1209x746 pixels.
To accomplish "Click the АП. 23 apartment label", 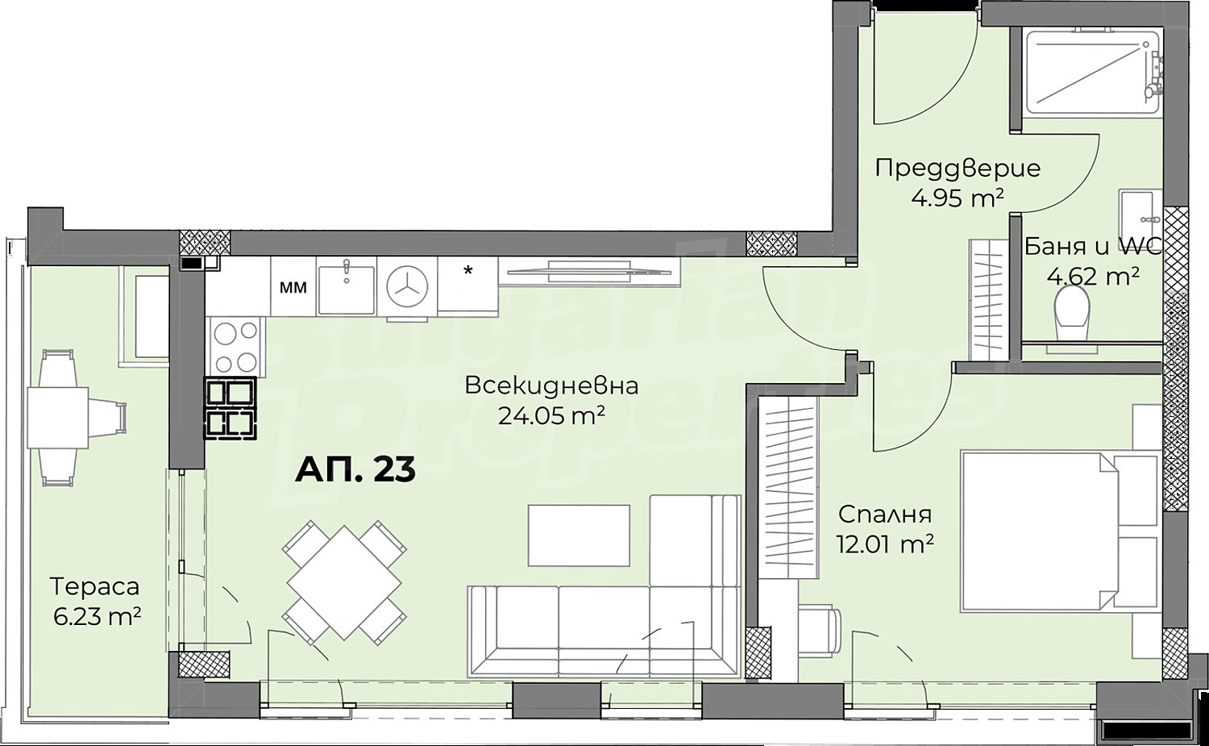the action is [x=355, y=469].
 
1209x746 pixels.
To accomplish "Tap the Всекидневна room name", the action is [x=551, y=386].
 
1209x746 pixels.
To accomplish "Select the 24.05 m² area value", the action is [x=551, y=415].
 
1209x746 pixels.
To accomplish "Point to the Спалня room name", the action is [x=885, y=515].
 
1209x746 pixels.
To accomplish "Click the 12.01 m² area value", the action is [x=885, y=544].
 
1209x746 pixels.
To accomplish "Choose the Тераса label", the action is [x=94, y=586].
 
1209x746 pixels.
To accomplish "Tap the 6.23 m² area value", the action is [x=98, y=616].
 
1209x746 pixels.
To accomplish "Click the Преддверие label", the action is [x=958, y=169].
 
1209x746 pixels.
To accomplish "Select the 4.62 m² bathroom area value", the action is [x=1093, y=277].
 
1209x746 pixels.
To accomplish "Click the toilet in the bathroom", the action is [x=1072, y=313].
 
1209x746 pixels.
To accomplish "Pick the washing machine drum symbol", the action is [x=407, y=287].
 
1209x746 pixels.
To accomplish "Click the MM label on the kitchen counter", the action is [x=293, y=287].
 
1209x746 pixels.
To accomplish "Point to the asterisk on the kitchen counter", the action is [x=468, y=270].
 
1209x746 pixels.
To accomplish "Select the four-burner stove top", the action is [x=236, y=346].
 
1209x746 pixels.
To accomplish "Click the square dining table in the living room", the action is [x=344, y=582].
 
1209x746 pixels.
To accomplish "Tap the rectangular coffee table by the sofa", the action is [x=579, y=536].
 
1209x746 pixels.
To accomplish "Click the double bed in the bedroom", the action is [x=1060, y=532].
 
